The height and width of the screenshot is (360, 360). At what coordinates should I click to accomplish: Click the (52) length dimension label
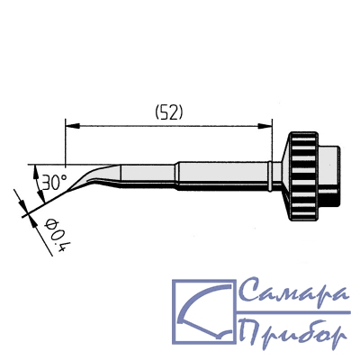169,113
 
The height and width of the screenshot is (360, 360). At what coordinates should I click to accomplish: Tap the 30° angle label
54,183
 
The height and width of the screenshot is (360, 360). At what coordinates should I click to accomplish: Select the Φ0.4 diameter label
55,236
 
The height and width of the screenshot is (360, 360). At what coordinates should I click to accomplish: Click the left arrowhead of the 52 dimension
72,126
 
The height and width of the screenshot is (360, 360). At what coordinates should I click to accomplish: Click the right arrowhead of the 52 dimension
265,126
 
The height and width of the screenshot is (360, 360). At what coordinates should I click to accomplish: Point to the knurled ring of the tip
303,176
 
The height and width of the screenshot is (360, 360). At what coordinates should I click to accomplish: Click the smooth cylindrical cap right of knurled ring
329,176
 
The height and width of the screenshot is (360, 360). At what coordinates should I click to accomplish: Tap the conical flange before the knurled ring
284,176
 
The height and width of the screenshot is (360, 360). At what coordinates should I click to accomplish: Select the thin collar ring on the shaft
270,176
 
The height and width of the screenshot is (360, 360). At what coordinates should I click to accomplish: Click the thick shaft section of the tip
222,176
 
